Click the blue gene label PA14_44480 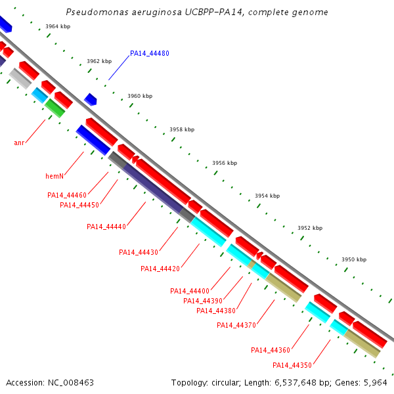coord(150,53)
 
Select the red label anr coord(19,142)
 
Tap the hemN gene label coord(55,176)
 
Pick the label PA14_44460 coord(67,195)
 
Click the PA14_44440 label coord(106,227)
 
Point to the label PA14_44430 coord(139,252)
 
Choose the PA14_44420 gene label coord(160,268)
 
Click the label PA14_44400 coord(190,291)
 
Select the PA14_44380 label coord(216,311)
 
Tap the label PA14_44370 coord(236,325)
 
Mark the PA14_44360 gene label coord(271,350)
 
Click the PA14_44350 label coord(292,365)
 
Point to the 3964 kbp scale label coord(58,27)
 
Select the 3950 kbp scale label coord(354,260)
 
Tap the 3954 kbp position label coord(267,196)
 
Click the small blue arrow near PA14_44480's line coord(91,99)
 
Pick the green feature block coord(55,108)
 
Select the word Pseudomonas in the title coord(92,12)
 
